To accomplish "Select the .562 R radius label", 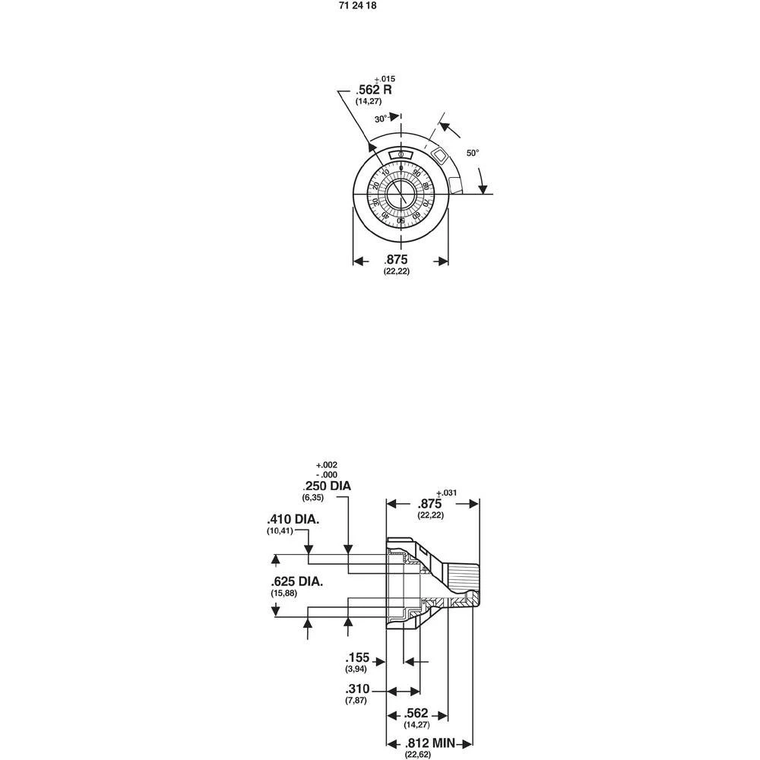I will (x=374, y=90).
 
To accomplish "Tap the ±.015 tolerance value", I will (x=385, y=79).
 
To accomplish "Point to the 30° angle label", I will (x=382, y=119).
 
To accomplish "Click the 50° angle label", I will (x=473, y=153).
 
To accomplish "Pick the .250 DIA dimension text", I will (x=327, y=486).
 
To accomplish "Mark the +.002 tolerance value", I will (x=326, y=465).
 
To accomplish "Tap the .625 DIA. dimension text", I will (x=296, y=581).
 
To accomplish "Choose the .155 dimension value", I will (x=356, y=657).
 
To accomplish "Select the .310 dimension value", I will (x=356, y=689).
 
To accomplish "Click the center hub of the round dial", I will (x=401, y=195).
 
